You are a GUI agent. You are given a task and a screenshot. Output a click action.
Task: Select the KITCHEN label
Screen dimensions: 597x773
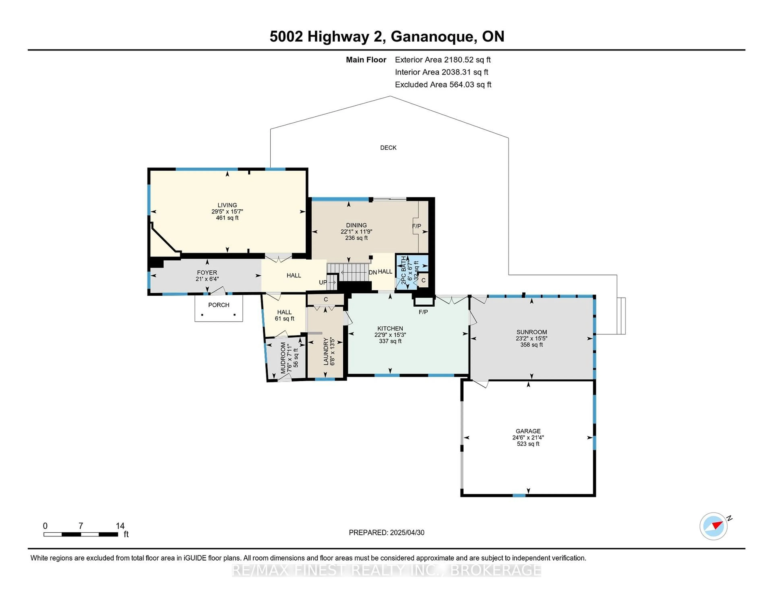click(390, 328)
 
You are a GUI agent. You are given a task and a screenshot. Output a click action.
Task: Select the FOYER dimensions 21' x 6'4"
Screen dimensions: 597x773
click(207, 279)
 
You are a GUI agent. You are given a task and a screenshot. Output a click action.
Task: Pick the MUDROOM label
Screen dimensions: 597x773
click(283, 358)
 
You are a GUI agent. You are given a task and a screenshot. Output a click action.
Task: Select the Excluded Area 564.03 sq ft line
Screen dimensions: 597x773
click(443, 84)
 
